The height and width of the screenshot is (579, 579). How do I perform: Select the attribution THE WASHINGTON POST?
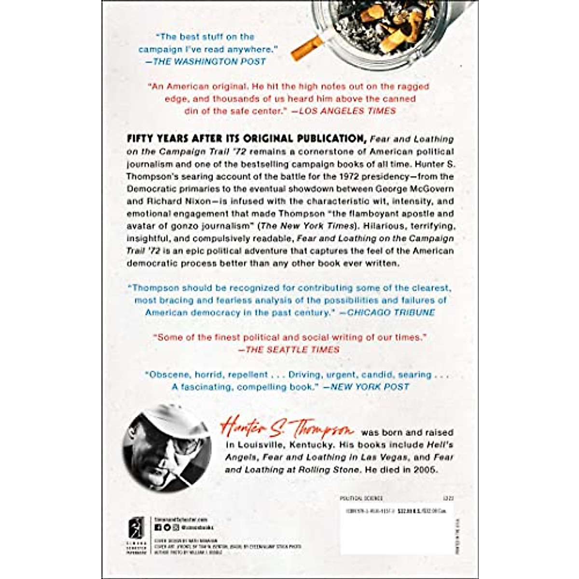tap(209, 61)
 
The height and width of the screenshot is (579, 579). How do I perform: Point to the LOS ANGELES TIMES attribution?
tap(347, 110)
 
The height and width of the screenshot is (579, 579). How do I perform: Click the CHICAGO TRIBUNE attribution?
tap(391, 312)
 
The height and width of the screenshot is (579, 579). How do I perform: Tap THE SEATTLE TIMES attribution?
tap(292, 349)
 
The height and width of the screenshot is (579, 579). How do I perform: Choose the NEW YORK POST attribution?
tap(370, 386)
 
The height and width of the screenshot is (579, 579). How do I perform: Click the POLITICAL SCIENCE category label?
tap(361, 498)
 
